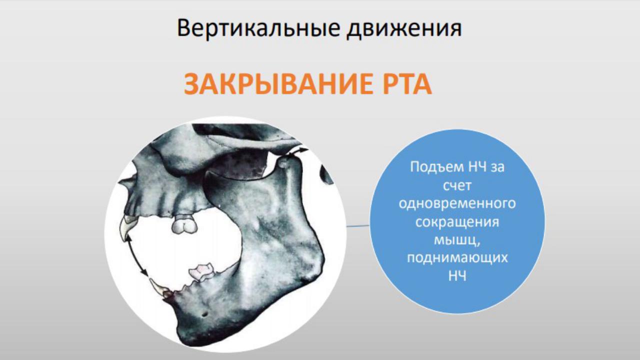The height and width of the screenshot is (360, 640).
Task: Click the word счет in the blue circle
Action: (x=457, y=186)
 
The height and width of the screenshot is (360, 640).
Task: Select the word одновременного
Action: (x=457, y=203)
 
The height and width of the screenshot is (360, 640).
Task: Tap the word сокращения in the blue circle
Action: (x=457, y=222)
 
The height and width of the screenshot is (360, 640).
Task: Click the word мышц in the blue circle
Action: (x=455, y=240)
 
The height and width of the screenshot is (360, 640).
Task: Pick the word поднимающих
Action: (x=457, y=258)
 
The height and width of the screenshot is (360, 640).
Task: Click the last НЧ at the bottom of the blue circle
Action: (x=457, y=276)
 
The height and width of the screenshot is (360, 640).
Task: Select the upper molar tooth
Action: (x=184, y=224)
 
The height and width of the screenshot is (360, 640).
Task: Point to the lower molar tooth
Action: (x=203, y=271)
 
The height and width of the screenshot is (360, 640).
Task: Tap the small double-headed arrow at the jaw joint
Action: (x=297, y=152)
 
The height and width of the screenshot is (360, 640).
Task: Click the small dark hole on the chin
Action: (x=204, y=314)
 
